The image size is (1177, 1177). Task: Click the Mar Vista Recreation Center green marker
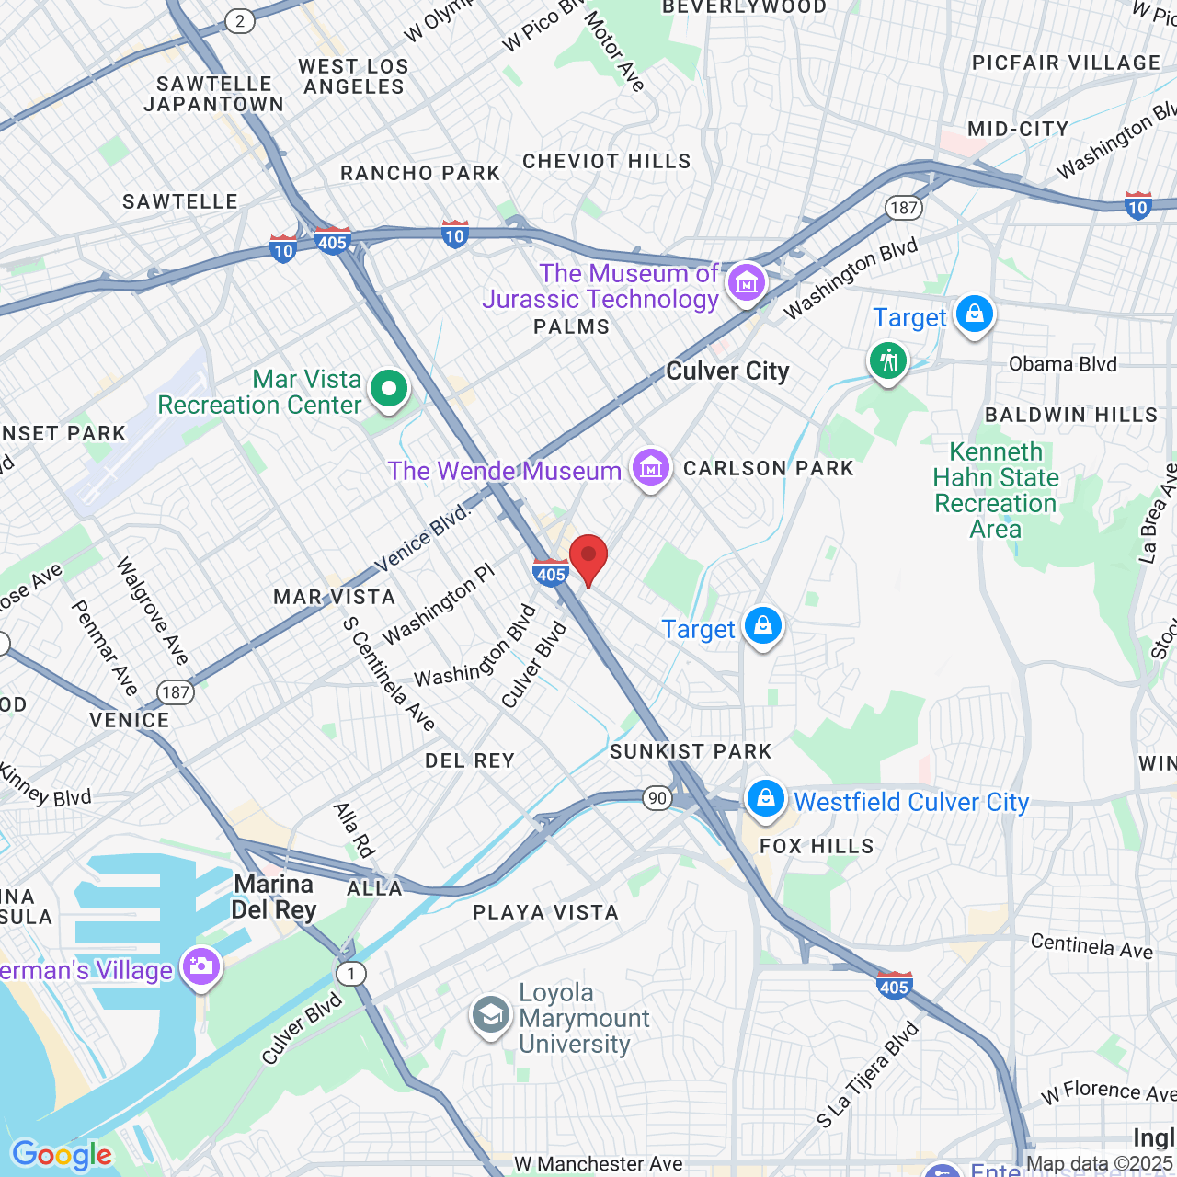tap(389, 389)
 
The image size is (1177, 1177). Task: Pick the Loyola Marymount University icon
tap(491, 1016)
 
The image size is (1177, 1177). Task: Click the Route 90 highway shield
tap(657, 797)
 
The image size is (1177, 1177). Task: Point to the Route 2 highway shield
tap(240, 21)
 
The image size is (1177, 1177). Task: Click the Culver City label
tap(727, 371)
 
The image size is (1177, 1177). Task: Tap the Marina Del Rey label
tap(274, 897)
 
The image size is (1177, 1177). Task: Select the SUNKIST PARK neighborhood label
tap(691, 751)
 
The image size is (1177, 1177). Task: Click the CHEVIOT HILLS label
tap(606, 161)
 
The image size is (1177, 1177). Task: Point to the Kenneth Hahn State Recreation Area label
tap(996, 490)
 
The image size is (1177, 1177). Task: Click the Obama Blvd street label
tap(1062, 364)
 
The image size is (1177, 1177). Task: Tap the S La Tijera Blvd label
tap(867, 1075)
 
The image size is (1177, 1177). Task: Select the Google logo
tap(62, 1155)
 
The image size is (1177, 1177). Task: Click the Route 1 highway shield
tap(350, 973)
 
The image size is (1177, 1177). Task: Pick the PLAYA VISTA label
tap(545, 912)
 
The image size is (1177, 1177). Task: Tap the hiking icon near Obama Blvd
tap(887, 360)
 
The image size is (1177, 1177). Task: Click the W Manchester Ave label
tap(599, 1164)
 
